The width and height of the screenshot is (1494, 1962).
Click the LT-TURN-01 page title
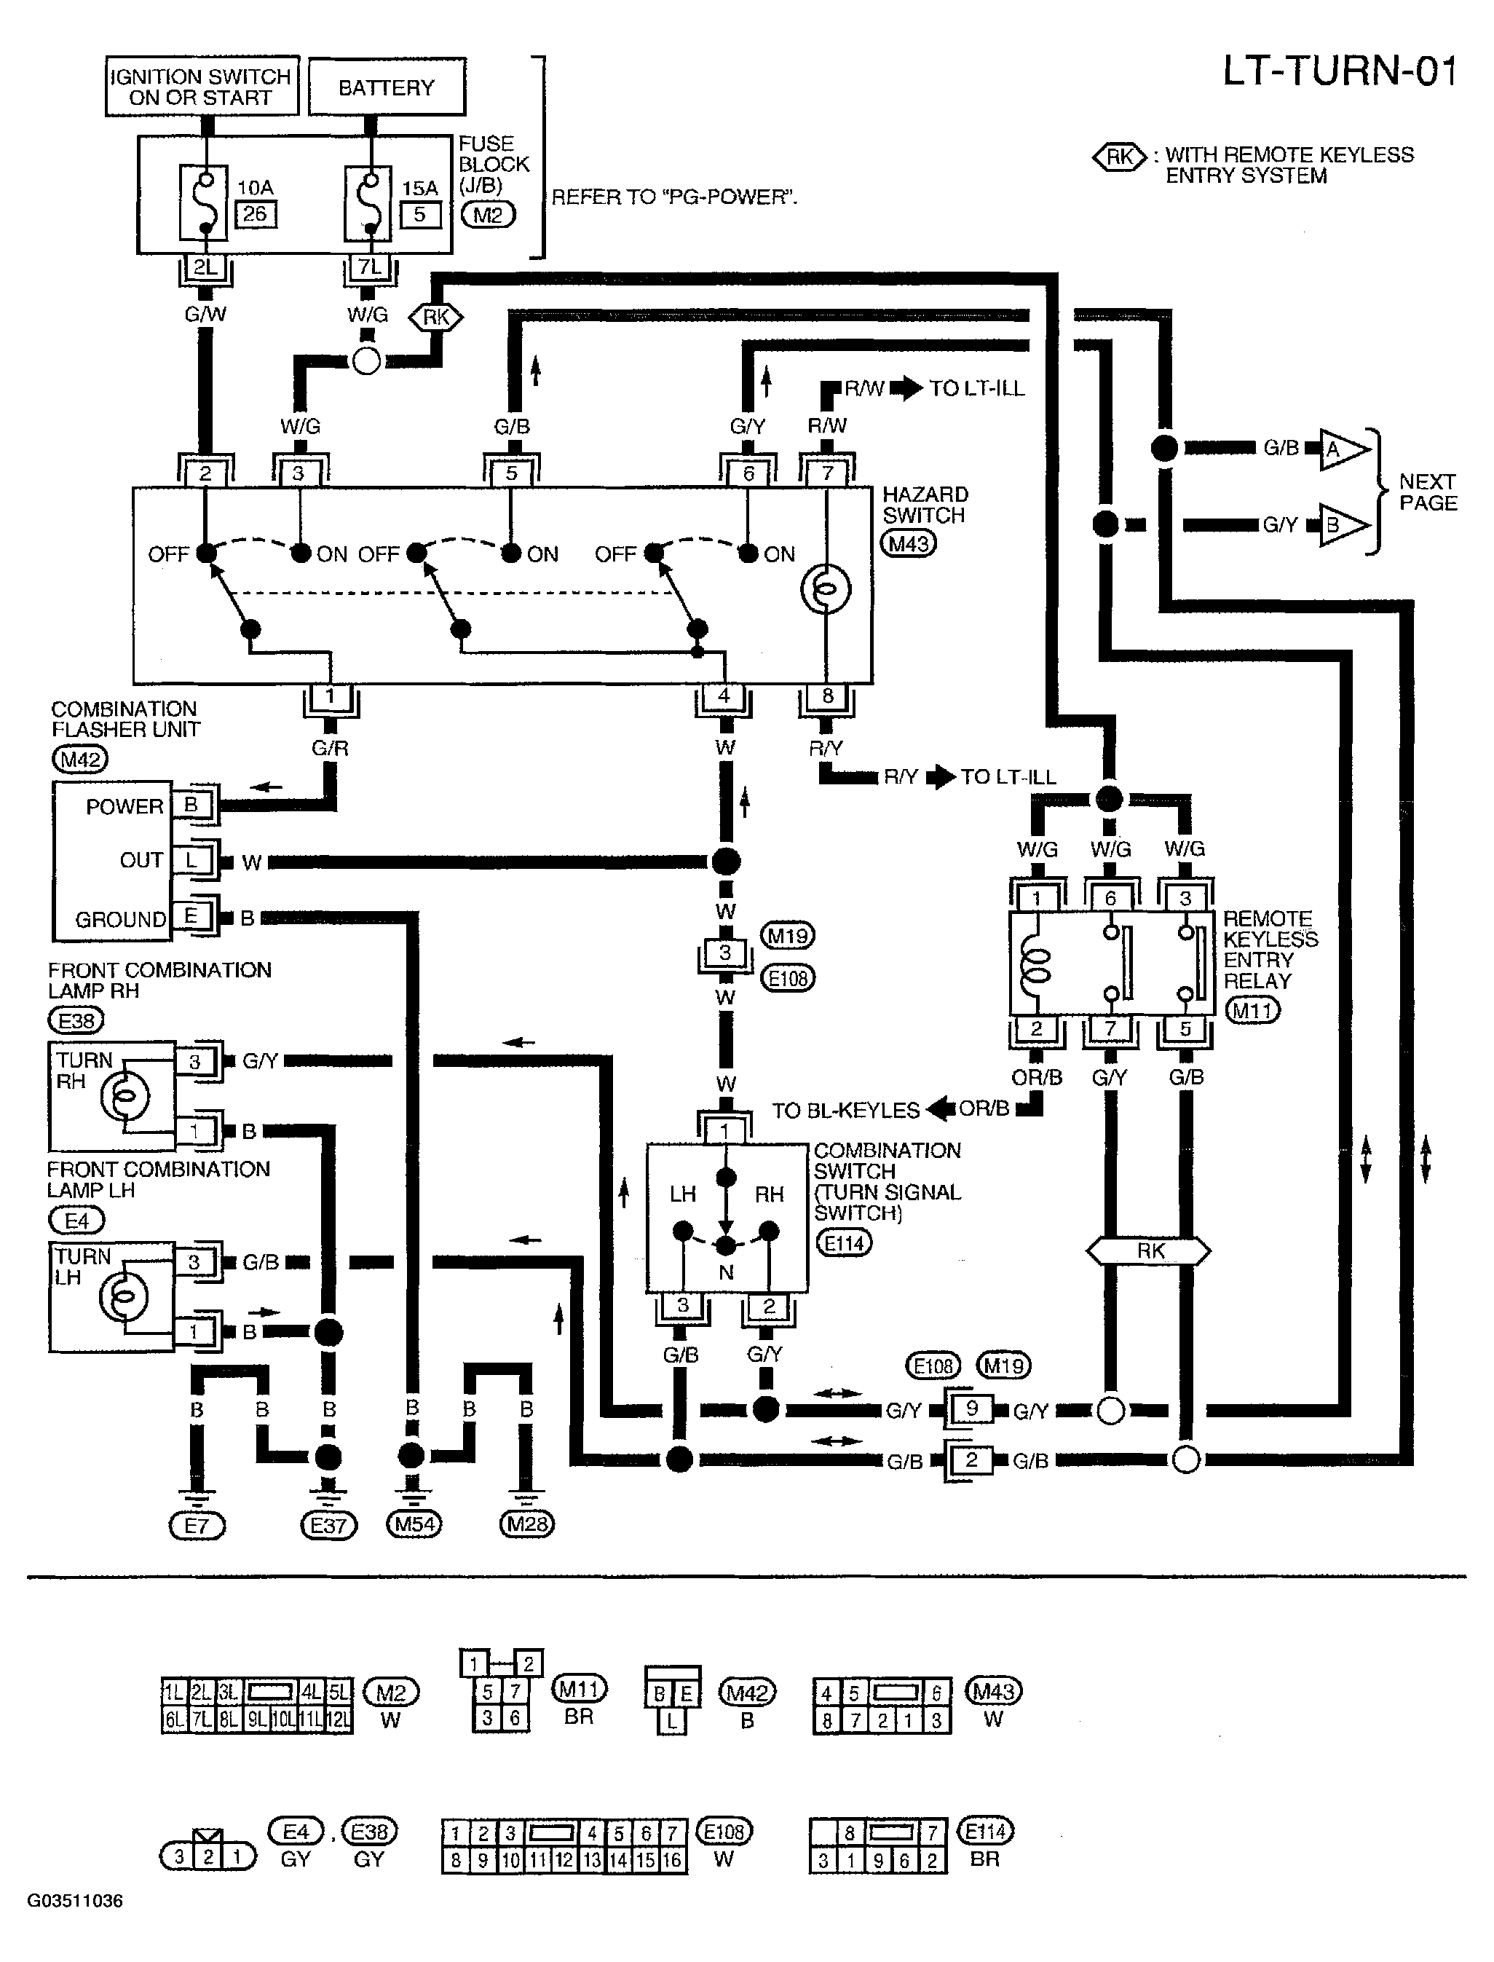coord(1340,71)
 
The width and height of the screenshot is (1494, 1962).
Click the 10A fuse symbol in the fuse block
coord(204,202)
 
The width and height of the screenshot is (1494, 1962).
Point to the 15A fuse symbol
coord(368,202)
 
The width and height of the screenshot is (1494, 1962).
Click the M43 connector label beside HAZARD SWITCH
coord(908,543)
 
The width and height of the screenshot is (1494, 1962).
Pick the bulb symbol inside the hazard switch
coord(826,588)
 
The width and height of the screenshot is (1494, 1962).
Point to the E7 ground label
coord(197,1526)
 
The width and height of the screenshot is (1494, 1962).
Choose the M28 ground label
coord(526,1524)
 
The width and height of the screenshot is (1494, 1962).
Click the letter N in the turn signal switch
coord(727,1273)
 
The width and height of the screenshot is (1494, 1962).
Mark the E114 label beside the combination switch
coord(844,1242)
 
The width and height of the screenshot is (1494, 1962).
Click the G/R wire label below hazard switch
coord(330,748)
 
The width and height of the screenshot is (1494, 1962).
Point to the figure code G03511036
coord(75,1901)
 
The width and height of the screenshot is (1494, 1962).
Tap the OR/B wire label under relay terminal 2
coord(1037,1077)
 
